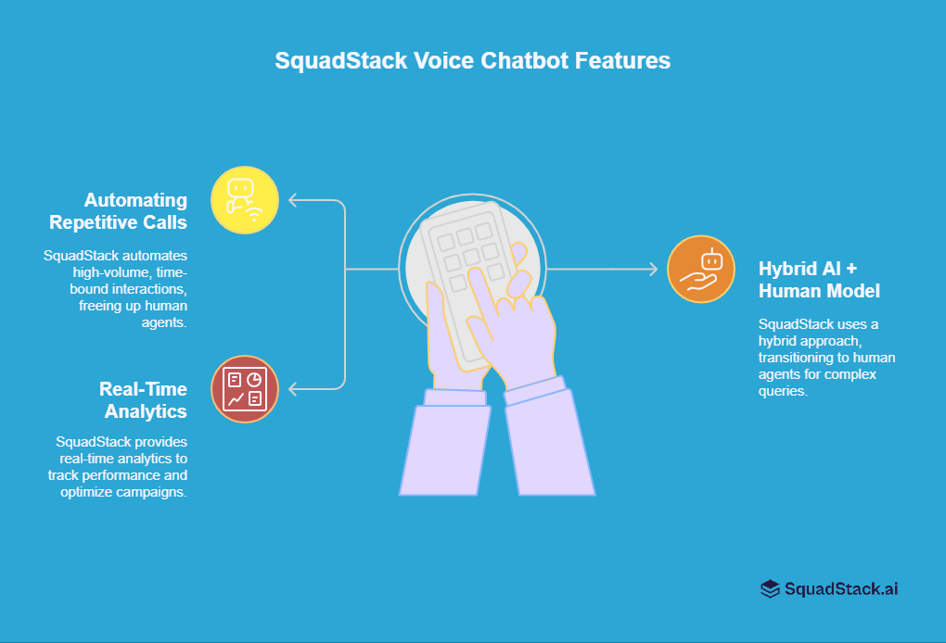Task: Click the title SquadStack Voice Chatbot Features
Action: (472, 61)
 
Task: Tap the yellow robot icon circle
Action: (245, 200)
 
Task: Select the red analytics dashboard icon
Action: (245, 389)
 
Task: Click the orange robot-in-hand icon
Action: (701, 270)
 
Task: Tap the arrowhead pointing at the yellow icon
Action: (292, 200)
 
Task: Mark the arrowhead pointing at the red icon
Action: (292, 388)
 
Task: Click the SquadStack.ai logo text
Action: (841, 588)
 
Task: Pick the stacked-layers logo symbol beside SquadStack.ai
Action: (770, 588)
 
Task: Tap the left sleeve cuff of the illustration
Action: (455, 397)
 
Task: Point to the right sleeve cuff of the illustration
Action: (536, 390)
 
